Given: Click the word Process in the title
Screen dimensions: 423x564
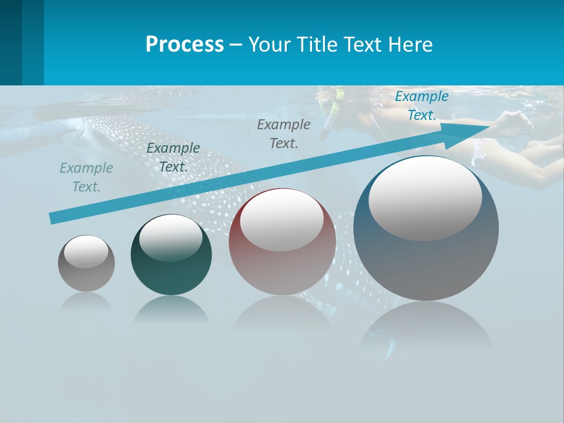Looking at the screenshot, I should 184,45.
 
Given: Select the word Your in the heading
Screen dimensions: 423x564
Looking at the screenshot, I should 270,45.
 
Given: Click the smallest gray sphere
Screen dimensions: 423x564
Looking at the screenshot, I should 86,276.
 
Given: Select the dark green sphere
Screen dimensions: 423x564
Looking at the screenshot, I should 171,270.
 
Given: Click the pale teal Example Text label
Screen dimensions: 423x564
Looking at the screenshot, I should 86,177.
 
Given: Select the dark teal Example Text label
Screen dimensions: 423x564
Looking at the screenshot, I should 173,157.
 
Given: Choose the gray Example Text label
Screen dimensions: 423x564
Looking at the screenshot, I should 284,133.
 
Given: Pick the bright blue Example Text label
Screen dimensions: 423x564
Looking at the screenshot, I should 421,106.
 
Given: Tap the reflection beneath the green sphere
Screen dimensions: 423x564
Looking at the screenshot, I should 171,308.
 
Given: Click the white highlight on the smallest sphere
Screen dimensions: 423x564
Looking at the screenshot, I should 86,251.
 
